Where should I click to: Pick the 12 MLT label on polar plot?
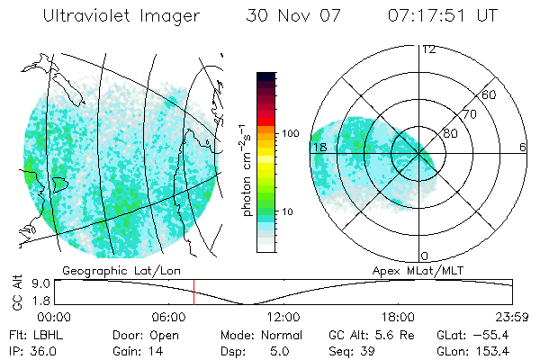[428, 49]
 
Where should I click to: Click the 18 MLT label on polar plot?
[318, 147]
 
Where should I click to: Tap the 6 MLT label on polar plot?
[523, 147]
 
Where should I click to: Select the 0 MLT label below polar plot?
[425, 256]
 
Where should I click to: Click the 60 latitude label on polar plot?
[490, 94]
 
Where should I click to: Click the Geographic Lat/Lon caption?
[108, 270]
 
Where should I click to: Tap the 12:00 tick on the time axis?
[283, 317]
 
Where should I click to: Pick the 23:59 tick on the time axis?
[511, 317]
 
